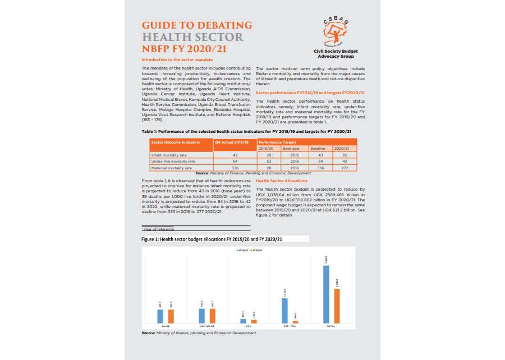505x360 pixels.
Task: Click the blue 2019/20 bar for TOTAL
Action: coord(326,294)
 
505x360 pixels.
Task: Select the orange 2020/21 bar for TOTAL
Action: coord(337,306)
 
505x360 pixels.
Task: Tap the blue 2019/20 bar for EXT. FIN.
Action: coord(284,311)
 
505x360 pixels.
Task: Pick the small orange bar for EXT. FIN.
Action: coord(295,322)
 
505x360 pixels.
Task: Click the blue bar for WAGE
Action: coord(160,316)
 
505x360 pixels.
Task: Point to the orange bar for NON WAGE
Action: coord(213,316)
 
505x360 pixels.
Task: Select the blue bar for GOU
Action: coord(242,321)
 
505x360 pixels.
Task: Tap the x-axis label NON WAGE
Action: coord(207,326)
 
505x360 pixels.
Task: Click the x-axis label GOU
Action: coord(248,326)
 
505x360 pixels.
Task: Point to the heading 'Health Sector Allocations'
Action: coord(282,181)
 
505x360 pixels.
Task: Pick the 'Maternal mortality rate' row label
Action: coord(172,168)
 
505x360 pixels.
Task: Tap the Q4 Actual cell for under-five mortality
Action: coord(235,161)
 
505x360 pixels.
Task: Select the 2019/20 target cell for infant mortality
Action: coord(269,155)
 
